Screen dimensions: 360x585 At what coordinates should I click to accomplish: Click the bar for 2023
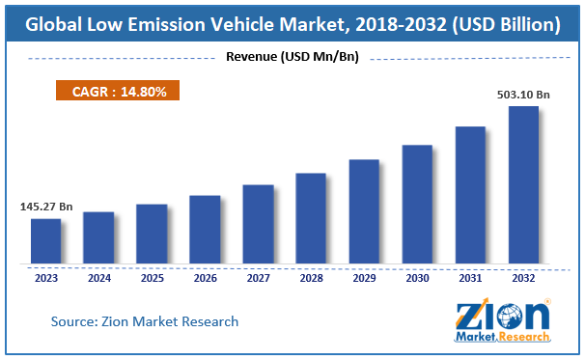coord(45,240)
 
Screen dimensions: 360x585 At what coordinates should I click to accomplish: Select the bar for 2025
coord(152,234)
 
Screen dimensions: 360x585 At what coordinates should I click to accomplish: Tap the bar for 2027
coord(258,224)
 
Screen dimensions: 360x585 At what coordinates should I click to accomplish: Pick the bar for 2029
coord(364,211)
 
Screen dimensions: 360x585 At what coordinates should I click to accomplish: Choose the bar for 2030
coord(417,204)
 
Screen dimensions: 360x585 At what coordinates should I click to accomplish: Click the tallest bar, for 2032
coord(523,184)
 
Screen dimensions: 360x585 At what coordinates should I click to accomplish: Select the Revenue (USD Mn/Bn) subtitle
coord(292,57)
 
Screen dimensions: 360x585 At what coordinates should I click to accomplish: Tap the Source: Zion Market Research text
coord(145,321)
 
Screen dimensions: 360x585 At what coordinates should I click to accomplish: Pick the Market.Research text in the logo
coord(502,338)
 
